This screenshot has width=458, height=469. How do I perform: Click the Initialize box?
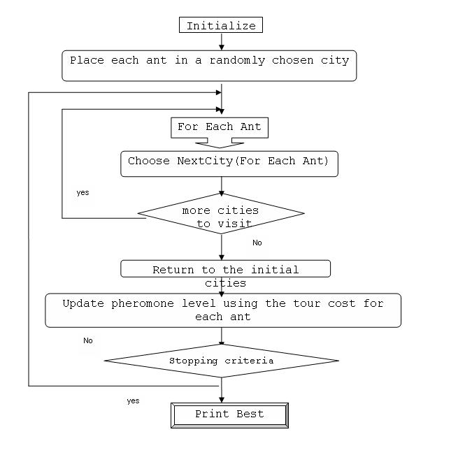pyautogui.click(x=221, y=26)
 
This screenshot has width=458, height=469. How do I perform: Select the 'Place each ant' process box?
pyautogui.click(x=209, y=66)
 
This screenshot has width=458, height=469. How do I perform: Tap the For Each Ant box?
pyautogui.click(x=219, y=127)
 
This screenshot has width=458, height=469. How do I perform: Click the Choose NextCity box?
pyautogui.click(x=229, y=164)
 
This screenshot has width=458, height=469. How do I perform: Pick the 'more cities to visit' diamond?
pyautogui.click(x=221, y=213)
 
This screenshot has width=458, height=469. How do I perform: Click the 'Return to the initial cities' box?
pyautogui.click(x=225, y=269)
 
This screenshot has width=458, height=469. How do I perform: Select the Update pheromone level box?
pyautogui.click(x=223, y=310)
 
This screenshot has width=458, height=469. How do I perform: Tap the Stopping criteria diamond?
pyautogui.click(x=221, y=361)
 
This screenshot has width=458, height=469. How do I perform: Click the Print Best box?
pyautogui.click(x=229, y=414)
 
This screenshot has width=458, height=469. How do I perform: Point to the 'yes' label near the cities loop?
pyautogui.click(x=83, y=192)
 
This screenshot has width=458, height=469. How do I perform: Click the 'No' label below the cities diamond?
pyautogui.click(x=257, y=243)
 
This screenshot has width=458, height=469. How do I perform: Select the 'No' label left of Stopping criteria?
pyautogui.click(x=88, y=340)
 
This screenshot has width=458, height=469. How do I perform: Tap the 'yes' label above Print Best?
pyautogui.click(x=133, y=401)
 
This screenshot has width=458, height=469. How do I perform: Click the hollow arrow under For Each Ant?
pyautogui.click(x=220, y=143)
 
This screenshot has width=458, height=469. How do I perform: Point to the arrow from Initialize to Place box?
pyautogui.click(x=222, y=42)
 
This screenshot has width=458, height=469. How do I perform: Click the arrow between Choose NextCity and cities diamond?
pyautogui.click(x=222, y=185)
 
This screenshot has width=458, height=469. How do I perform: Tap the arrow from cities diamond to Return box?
pyautogui.click(x=222, y=247)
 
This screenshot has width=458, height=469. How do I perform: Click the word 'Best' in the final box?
pyautogui.click(x=250, y=414)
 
